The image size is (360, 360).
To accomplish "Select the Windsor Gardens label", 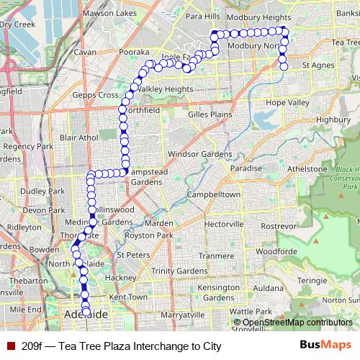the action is pyautogui.click(x=200, y=154).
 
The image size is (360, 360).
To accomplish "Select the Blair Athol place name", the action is pyautogui.click(x=78, y=137).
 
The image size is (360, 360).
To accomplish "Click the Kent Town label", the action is pyautogui.click(x=128, y=297).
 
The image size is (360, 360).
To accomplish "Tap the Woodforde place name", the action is pyautogui.click(x=276, y=251).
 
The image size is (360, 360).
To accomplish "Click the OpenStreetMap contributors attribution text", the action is pyautogui.click(x=297, y=323).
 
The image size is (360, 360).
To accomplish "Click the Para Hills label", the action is pyautogui.click(x=202, y=16).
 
